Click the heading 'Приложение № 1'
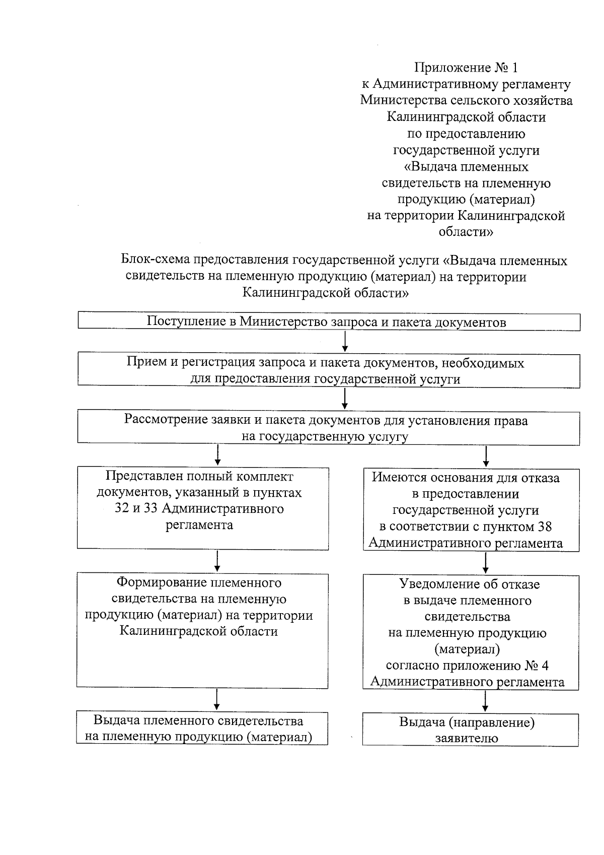click(466, 68)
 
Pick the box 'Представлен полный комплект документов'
click(202, 508)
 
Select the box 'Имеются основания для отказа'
click(471, 510)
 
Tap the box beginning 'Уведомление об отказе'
click(471, 632)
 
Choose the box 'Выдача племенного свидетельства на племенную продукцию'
click(202, 729)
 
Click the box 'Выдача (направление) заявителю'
click(471, 730)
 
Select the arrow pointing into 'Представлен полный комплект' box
click(217, 455)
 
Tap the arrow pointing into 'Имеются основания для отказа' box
click(486, 456)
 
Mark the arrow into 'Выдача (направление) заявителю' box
click(485, 701)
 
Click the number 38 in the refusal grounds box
click(544, 527)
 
